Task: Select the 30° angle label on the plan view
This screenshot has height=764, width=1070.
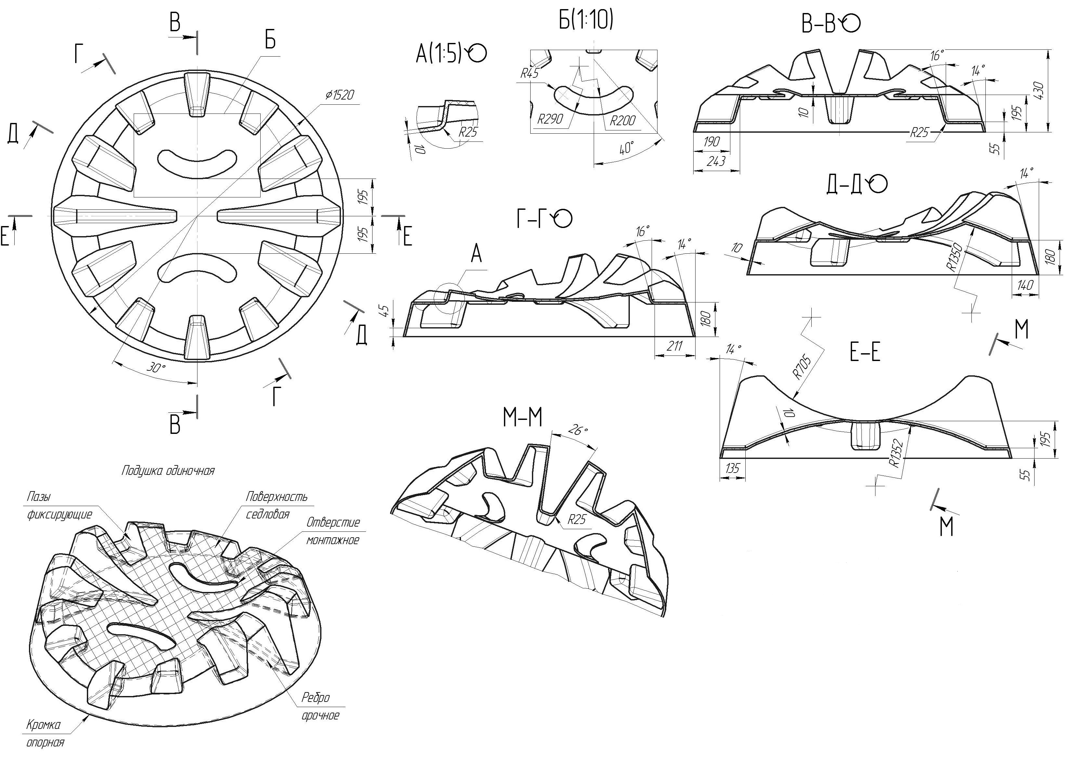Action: pos(156,367)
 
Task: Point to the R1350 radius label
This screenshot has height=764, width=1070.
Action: pos(956,259)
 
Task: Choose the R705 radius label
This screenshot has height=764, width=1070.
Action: pos(802,367)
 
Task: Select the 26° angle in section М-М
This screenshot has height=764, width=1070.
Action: pos(578,430)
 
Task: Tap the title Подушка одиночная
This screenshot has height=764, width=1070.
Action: pos(168,470)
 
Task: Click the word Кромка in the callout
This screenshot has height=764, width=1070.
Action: pos(43,725)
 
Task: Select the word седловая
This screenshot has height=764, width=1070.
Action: pos(267,514)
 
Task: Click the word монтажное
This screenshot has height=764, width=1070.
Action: pos(333,540)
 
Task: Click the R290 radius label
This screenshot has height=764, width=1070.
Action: pos(550,119)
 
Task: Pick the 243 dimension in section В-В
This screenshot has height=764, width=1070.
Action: pos(716,161)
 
